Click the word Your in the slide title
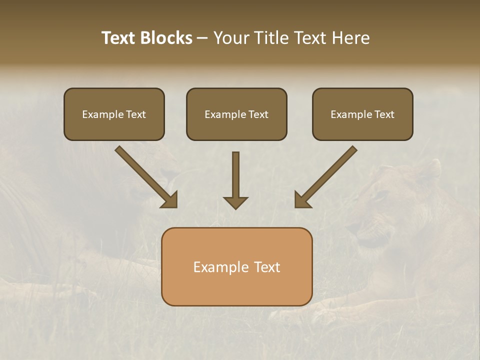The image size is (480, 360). coord(231,38)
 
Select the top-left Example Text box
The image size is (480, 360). coord(114,114)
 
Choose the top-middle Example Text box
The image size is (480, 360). coord(236,114)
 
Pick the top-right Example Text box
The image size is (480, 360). coord(362,114)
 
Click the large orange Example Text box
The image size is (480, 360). coord(236,266)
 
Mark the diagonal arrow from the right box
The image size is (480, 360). coord(327,175)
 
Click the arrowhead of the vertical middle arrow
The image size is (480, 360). coord(235,202)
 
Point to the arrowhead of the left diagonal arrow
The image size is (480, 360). coord(170,200)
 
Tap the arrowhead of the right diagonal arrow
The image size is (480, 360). coord(302,200)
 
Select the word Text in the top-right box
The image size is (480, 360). coord(384,114)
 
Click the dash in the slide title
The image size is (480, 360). coord(202,38)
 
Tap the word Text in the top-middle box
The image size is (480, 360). coord(258,114)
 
